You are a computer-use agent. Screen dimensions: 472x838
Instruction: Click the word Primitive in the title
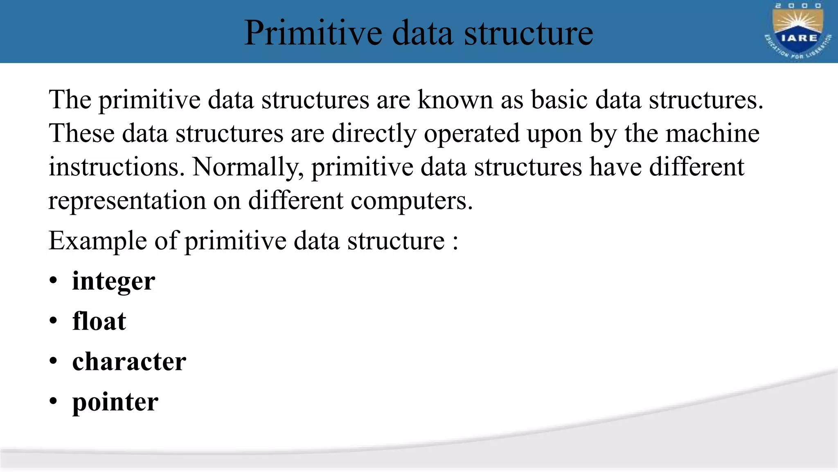tap(313, 33)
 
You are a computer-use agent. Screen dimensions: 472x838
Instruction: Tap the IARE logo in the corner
tap(797, 31)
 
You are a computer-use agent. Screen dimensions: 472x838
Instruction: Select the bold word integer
tap(114, 281)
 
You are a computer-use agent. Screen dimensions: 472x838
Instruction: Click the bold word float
tap(99, 321)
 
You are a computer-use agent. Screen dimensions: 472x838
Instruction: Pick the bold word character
tap(129, 361)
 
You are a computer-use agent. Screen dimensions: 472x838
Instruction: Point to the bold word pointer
tap(115, 402)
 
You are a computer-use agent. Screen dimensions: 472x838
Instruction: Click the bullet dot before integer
tap(53, 281)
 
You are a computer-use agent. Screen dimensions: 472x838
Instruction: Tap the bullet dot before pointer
tap(53, 402)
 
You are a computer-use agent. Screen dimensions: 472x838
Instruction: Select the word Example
tap(98, 241)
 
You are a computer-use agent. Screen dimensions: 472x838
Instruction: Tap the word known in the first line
tap(455, 100)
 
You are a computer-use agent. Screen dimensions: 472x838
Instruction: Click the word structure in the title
tap(528, 33)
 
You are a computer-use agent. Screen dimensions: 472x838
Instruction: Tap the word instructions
tap(117, 167)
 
